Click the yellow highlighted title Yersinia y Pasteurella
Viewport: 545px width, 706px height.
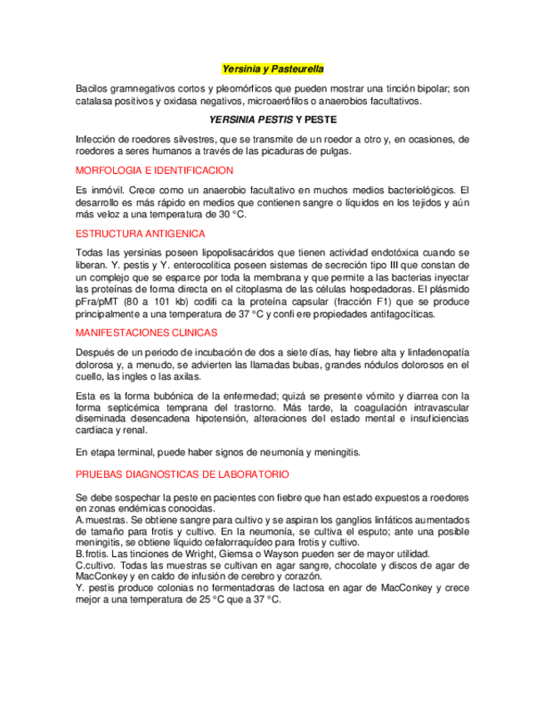point(273,68)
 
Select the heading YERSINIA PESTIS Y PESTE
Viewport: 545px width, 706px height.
point(272,120)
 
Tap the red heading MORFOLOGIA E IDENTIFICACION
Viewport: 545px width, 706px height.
point(154,171)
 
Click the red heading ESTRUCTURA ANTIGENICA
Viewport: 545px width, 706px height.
point(140,234)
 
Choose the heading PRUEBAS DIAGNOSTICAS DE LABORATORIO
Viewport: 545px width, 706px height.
point(182,474)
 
